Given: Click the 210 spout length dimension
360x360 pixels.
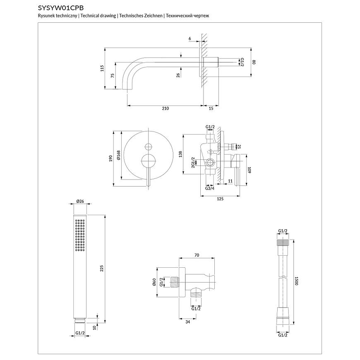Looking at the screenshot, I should [165, 108].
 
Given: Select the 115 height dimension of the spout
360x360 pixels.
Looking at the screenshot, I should [102, 68].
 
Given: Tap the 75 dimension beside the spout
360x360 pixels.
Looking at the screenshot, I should [113, 75].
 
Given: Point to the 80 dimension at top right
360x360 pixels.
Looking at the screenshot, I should [254, 62].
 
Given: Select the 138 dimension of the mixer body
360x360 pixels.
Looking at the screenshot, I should [180, 154].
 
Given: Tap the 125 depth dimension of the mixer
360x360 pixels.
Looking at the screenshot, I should [220, 199].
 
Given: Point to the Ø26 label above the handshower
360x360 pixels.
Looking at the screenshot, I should [80, 202].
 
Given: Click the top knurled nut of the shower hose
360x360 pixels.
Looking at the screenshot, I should [283, 243].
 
